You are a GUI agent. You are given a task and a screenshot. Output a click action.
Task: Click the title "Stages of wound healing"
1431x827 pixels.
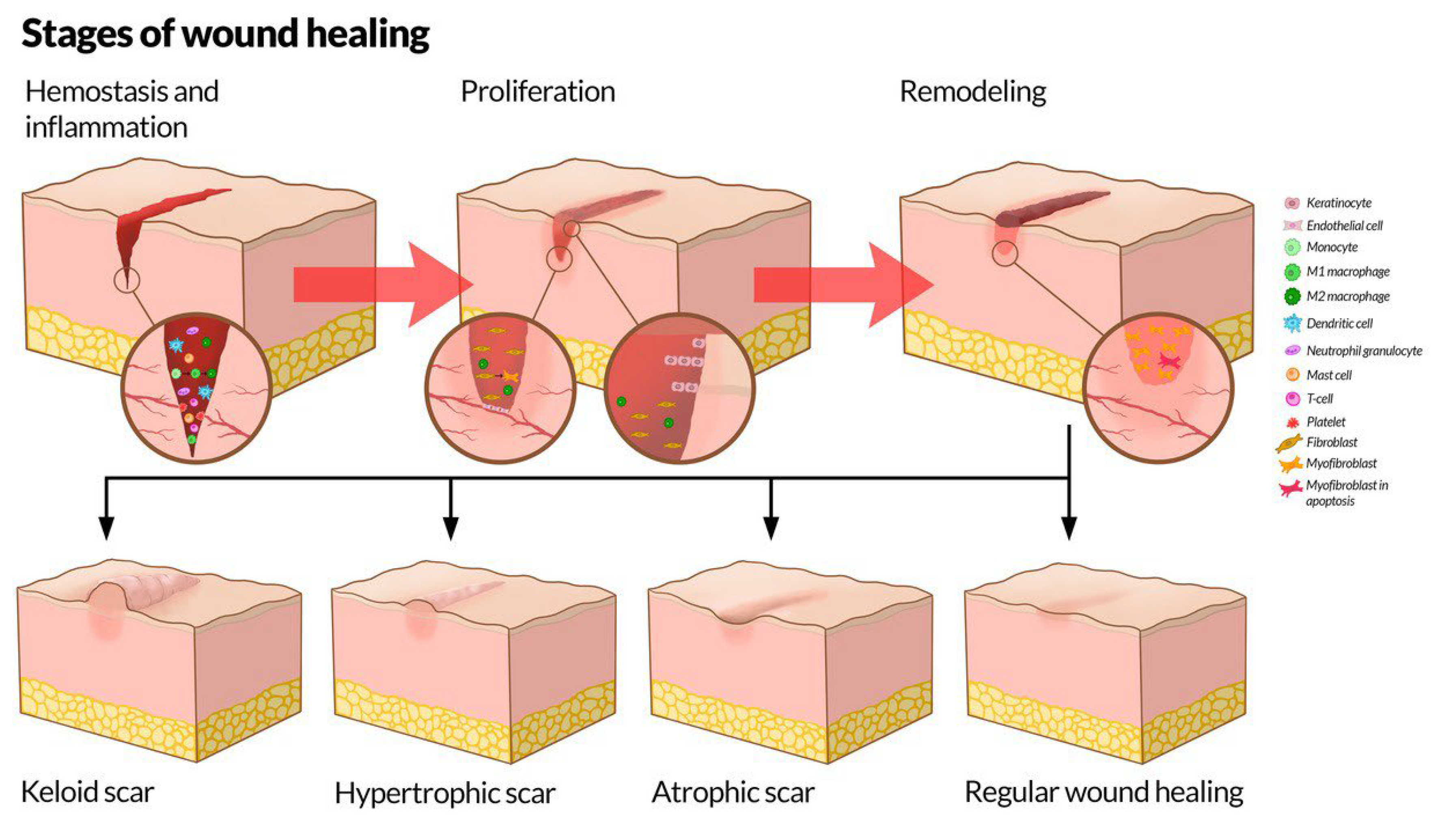225,34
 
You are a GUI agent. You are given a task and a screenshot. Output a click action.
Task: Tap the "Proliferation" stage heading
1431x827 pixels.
537,92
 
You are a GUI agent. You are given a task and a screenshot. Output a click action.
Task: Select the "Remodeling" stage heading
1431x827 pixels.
973,92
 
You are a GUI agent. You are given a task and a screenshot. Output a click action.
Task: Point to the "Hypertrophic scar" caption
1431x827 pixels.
445,793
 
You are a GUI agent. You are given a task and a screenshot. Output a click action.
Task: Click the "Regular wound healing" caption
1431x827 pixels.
1104,792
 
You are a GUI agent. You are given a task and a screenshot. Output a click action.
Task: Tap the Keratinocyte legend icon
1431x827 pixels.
1292,202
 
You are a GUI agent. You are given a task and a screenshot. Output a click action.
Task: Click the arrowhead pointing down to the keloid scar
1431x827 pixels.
106,528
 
